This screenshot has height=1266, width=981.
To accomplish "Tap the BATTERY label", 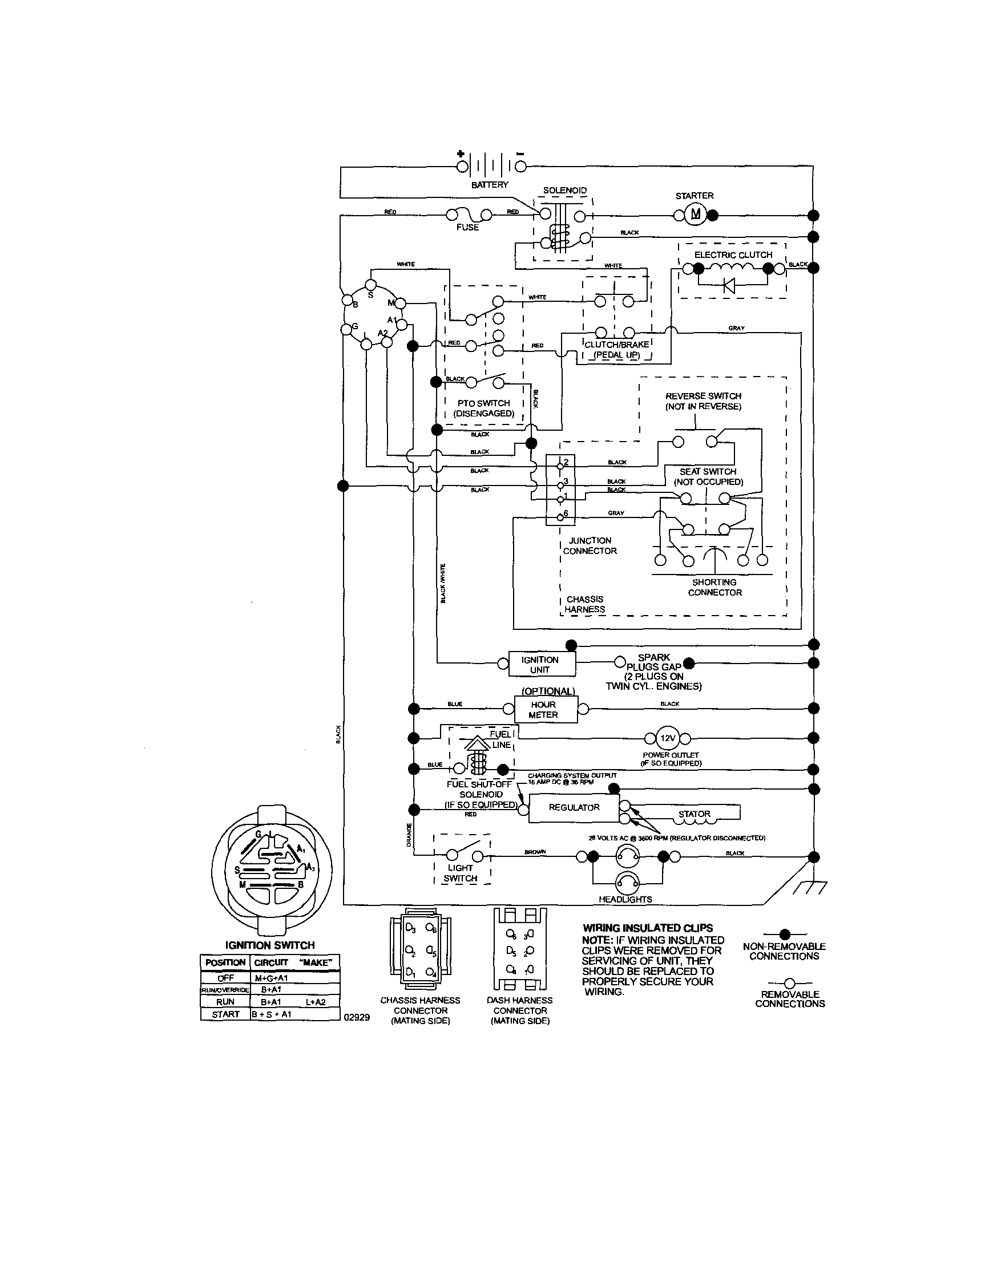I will pyautogui.click(x=489, y=185).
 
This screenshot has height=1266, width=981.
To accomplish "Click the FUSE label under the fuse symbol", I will pyautogui.click(x=467, y=227).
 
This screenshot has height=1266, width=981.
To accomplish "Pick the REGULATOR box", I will pyautogui.click(x=574, y=807).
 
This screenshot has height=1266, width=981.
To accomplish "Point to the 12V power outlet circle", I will pyautogui.click(x=667, y=738).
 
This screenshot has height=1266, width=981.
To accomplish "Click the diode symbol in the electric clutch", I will pyautogui.click(x=729, y=285).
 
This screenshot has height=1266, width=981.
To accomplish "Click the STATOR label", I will pyautogui.click(x=694, y=814).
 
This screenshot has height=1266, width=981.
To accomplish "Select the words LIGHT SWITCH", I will pyautogui.click(x=461, y=873).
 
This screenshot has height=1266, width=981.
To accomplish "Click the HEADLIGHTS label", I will pyautogui.click(x=625, y=899).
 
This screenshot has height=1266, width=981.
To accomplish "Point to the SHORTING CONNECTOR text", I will pyautogui.click(x=714, y=587).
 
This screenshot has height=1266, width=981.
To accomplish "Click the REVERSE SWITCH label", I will pyautogui.click(x=703, y=396).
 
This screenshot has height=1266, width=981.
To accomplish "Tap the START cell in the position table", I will pyautogui.click(x=225, y=1014).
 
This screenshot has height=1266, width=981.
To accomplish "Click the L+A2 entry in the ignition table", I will pyautogui.click(x=316, y=1002).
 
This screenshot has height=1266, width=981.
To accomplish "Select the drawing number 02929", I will pyautogui.click(x=357, y=1017).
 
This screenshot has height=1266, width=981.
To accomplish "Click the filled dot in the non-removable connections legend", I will pyautogui.click(x=785, y=934).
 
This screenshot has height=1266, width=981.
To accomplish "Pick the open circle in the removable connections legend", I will pyautogui.click(x=789, y=983).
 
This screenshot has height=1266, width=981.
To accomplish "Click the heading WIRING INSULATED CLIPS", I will pyautogui.click(x=647, y=928).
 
